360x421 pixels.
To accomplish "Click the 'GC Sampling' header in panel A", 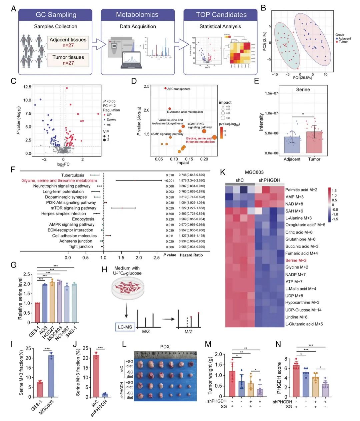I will tap(56, 15).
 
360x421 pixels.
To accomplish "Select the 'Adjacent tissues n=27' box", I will tap(68, 42).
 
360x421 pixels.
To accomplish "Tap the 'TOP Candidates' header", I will tap(221, 15).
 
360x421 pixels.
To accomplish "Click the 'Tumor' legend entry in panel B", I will tap(343, 42).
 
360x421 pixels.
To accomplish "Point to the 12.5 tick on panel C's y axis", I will tap(27, 87).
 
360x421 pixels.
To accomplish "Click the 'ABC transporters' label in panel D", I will tap(179, 89).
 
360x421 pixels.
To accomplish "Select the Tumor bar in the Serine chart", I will tap(314, 142).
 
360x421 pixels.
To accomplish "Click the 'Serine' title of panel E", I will tap(303, 90).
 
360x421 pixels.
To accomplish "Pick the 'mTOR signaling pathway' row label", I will tap(73, 208).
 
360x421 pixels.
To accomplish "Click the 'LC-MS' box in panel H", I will tap(125, 327).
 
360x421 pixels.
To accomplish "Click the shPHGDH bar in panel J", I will tap(105, 395).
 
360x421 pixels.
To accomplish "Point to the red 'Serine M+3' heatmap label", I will tap(296, 260).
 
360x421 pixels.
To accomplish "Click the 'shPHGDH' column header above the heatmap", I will tap(269, 180).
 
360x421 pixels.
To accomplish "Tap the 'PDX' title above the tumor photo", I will tap(165, 347).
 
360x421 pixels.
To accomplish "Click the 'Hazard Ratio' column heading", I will tap(191, 255).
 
